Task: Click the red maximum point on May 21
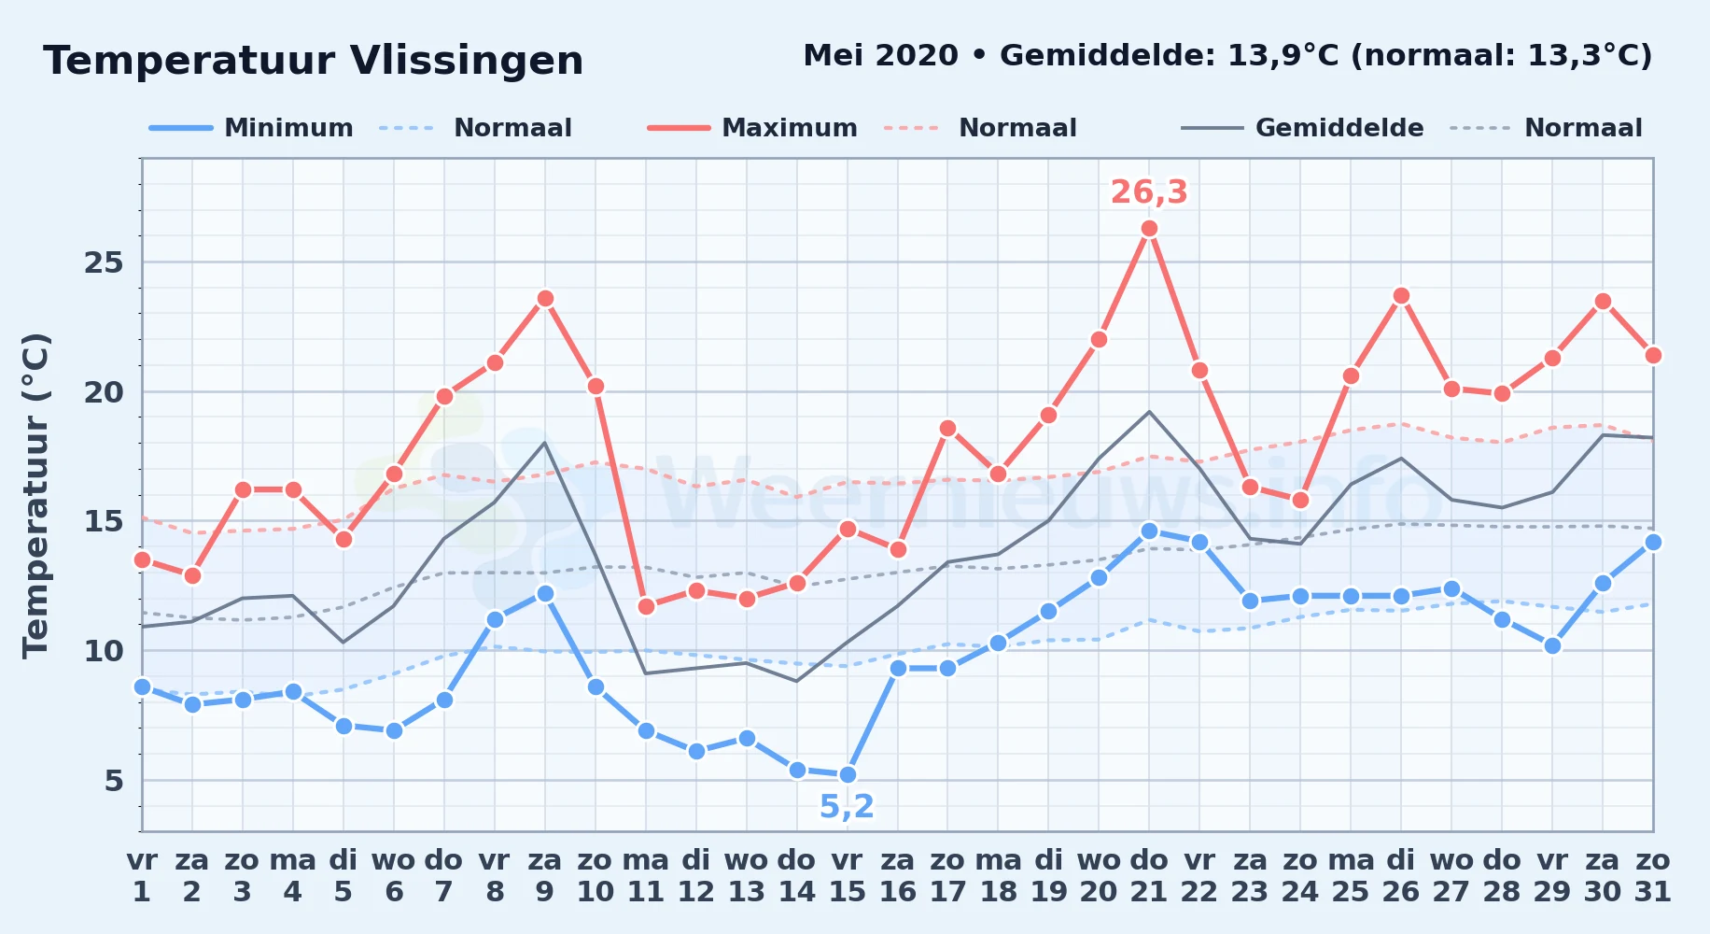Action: coord(1149,229)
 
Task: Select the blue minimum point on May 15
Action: coord(848,775)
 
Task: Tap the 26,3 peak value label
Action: coord(1149,191)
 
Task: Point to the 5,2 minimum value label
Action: coord(847,806)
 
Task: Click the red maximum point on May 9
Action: coord(545,299)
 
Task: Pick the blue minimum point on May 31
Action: coord(1653,543)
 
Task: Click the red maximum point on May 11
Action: coord(646,607)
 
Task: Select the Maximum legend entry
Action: coord(752,128)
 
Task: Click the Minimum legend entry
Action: coord(251,128)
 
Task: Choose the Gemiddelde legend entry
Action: coord(1303,128)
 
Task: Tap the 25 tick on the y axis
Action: coord(104,262)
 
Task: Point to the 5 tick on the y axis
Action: coord(114,780)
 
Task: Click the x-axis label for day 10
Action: coord(596,876)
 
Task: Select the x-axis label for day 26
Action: coord(1401,876)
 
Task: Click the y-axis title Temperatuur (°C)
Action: coord(35,495)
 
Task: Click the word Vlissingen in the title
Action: coord(467,62)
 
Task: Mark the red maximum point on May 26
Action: coord(1401,296)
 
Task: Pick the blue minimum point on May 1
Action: coord(142,687)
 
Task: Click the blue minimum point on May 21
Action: coord(1149,531)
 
